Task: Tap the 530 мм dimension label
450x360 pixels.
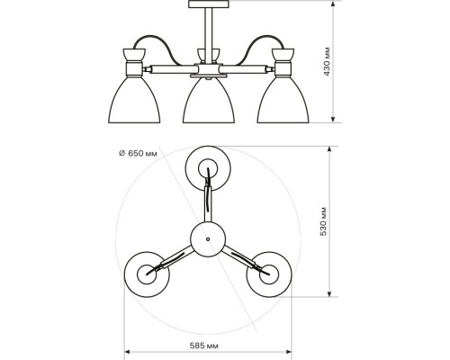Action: click(323, 221)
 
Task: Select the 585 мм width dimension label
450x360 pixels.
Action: click(204, 346)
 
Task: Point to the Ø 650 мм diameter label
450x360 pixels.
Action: click(138, 154)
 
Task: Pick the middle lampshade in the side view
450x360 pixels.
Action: click(209, 101)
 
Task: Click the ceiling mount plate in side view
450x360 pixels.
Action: click(208, 4)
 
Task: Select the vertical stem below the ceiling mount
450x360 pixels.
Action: click(209, 36)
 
